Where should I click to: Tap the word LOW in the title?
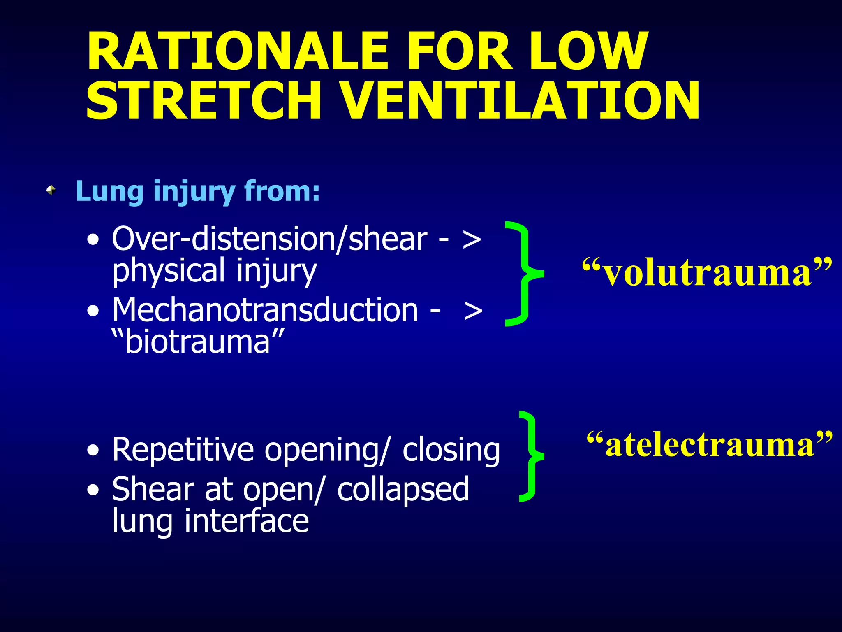pos(588,52)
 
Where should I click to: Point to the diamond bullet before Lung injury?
pos(51,190)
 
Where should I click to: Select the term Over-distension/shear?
pos(269,239)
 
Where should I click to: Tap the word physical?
pos(169,272)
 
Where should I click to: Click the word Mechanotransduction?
pos(265,310)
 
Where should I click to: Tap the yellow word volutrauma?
pos(707,273)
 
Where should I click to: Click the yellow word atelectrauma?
pos(709,446)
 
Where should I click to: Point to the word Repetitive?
pos(183,450)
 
